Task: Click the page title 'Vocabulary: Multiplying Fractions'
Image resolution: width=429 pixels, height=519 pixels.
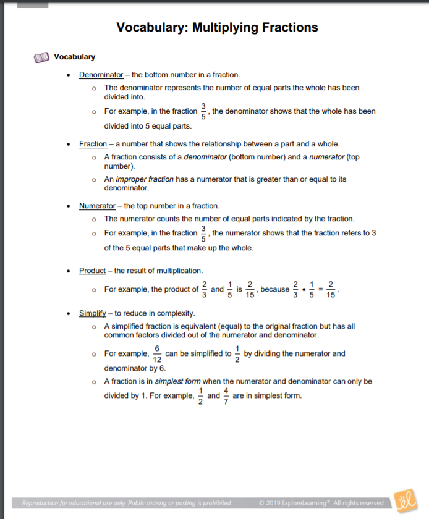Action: coord(217,28)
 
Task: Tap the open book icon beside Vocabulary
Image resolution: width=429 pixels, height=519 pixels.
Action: coord(41,57)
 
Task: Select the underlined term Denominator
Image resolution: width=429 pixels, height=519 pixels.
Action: coord(101,75)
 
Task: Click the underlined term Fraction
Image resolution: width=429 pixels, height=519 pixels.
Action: coord(93,144)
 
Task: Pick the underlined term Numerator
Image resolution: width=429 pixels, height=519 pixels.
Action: coord(97,206)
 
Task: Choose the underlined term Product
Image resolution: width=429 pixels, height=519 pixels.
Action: coord(92,271)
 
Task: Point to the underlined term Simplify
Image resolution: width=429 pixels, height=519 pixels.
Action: coord(93,313)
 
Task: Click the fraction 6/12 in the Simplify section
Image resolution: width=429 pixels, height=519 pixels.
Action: coord(157,354)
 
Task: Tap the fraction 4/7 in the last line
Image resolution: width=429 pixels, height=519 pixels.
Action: coord(226,395)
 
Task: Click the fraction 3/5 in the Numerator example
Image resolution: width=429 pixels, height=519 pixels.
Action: coord(204,233)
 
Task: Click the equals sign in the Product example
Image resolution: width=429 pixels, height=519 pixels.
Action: coord(321,289)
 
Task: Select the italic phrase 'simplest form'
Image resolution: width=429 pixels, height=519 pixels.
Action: coord(177,382)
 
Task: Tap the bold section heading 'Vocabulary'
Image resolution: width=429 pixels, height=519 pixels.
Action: coord(74,57)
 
